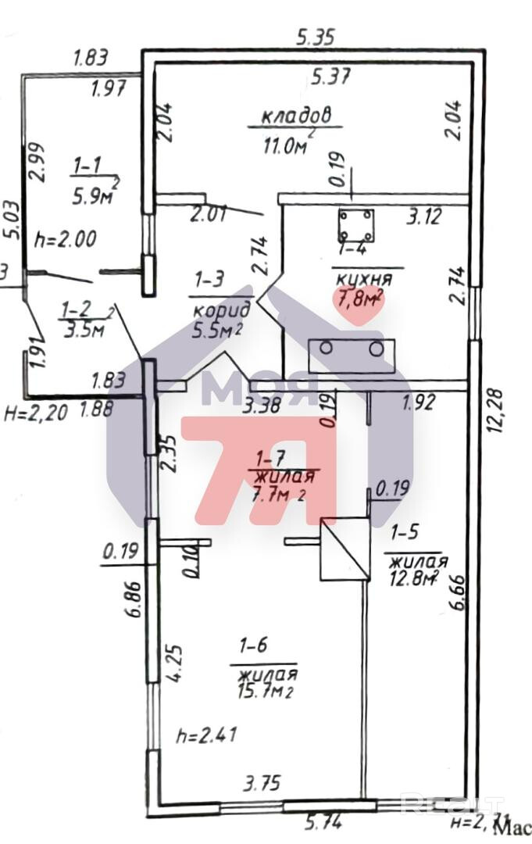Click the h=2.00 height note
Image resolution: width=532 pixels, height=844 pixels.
[66, 239]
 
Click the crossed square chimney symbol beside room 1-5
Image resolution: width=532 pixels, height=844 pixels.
[345, 550]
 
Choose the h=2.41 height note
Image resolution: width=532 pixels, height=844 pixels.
[207, 735]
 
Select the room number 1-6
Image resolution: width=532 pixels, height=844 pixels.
[253, 646]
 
